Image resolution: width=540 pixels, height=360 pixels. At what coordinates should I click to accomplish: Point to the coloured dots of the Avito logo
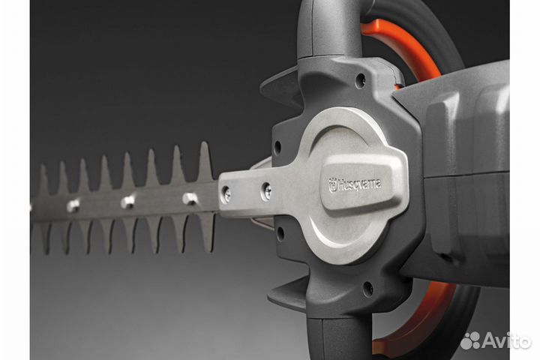tap(470, 340)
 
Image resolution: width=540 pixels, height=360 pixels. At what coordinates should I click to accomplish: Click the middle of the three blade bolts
tap(127, 202)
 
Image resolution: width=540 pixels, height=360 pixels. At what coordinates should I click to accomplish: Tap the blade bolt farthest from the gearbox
tap(73, 205)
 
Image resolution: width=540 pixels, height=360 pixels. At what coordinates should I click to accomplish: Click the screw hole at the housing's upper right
tap(361, 78)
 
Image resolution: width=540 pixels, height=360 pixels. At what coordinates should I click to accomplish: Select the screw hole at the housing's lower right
tap(367, 286)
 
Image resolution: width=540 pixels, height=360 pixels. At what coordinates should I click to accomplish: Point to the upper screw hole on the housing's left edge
tap(278, 147)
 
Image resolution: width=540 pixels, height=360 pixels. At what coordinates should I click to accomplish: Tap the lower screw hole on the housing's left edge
tap(280, 234)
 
